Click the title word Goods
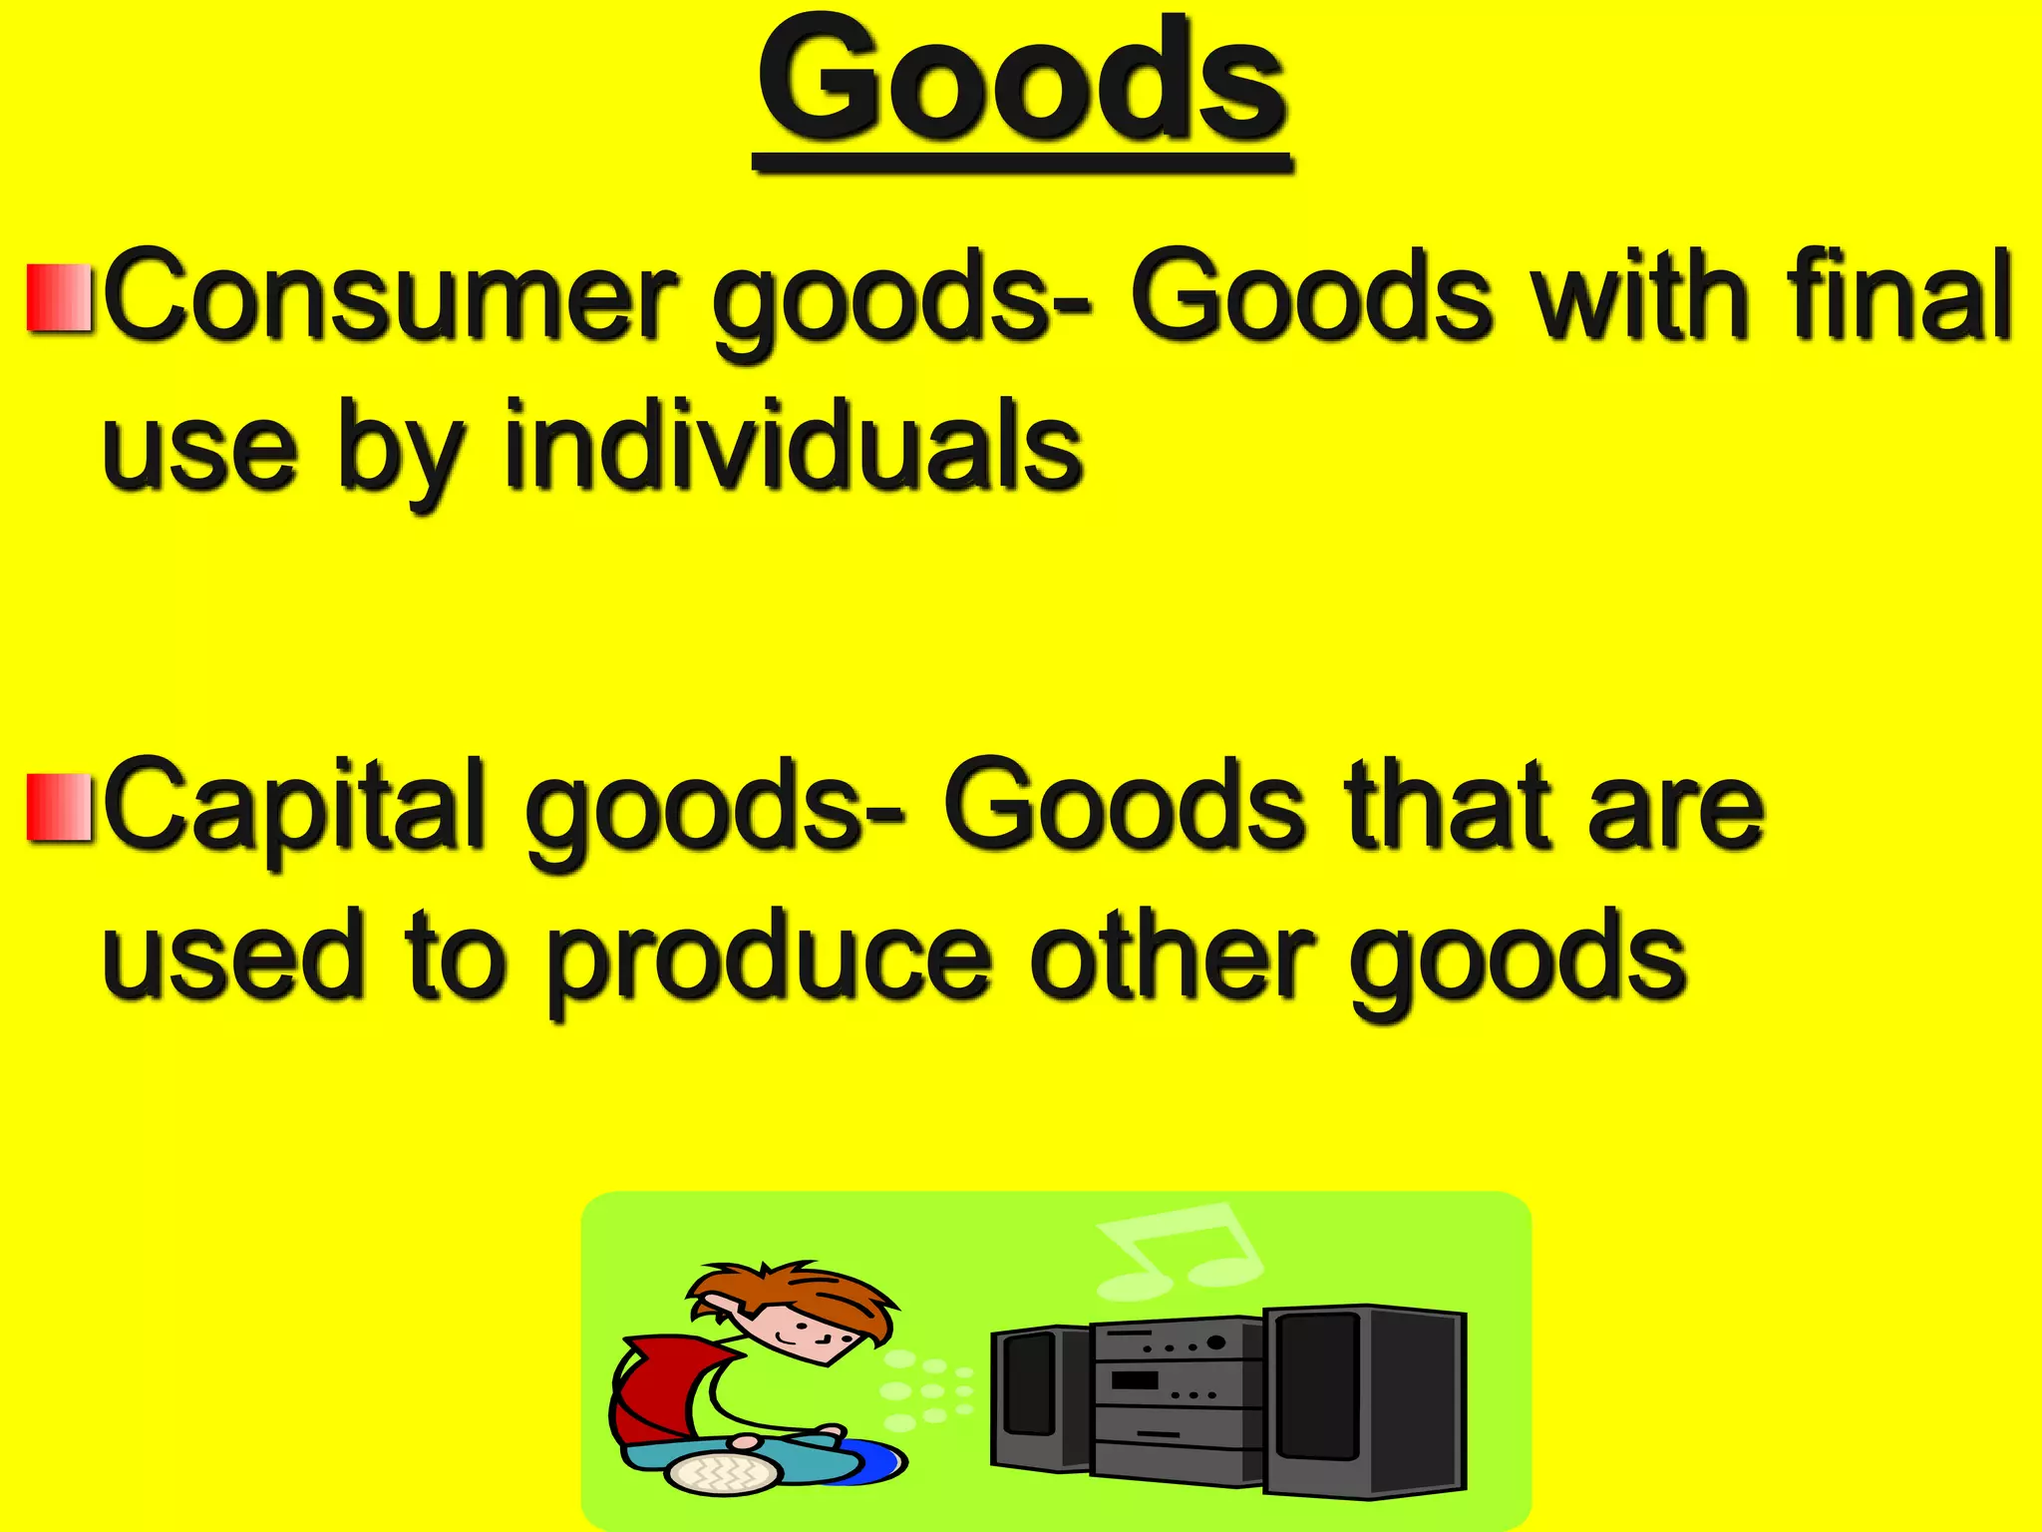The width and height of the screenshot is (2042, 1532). (x=1022, y=85)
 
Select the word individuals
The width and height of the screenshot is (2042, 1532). (x=793, y=446)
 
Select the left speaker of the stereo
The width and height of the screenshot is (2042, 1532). (x=1037, y=1396)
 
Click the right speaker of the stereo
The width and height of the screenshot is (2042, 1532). (x=1366, y=1401)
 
